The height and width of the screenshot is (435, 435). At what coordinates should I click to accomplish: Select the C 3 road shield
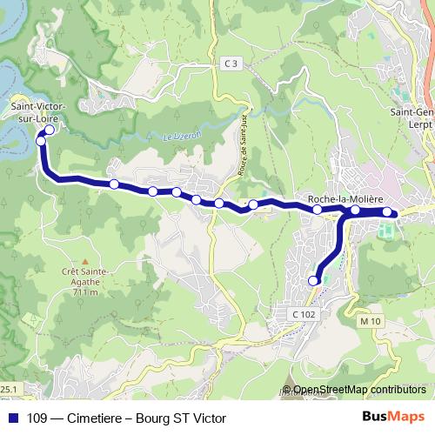pos(229,64)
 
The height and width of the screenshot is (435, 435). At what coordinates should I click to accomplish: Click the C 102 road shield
pos(303,312)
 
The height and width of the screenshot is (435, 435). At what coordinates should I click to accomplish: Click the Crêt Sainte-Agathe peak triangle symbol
pos(85,261)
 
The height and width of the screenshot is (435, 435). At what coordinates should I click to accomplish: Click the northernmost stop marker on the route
pos(49,130)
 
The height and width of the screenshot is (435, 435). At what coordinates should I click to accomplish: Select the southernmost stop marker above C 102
pos(313,280)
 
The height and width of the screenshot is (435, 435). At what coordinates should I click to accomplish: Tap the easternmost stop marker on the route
pos(387,211)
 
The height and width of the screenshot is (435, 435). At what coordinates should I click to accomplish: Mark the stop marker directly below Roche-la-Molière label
pos(318,210)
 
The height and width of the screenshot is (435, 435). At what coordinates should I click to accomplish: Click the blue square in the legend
pos(13,418)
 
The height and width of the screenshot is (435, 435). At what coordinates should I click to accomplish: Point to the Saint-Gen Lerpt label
pos(412,117)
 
